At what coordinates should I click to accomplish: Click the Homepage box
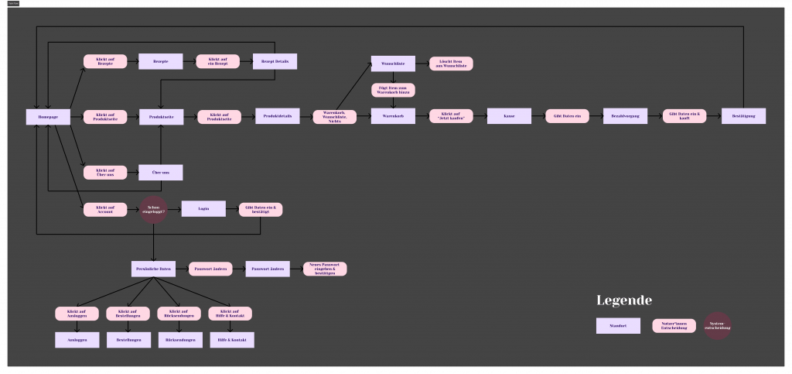(48, 116)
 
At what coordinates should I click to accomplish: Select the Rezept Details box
(275, 61)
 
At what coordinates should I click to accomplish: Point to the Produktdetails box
(277, 116)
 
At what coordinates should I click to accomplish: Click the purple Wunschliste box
(394, 63)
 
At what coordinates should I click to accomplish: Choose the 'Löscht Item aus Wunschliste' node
(451, 63)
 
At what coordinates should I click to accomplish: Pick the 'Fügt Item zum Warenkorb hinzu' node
(394, 90)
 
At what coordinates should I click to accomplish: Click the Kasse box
(509, 116)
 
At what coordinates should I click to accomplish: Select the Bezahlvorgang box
(624, 116)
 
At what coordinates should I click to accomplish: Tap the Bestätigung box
(743, 116)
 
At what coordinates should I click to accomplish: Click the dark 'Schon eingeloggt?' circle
(154, 209)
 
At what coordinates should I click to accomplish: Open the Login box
(203, 208)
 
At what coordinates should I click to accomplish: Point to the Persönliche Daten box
(153, 269)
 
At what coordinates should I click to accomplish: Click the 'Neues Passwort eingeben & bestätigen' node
(325, 269)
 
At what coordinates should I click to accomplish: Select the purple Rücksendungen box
(179, 339)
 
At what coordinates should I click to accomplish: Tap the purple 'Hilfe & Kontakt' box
(231, 339)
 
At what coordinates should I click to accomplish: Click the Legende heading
(624, 300)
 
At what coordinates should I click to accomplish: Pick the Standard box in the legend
(618, 326)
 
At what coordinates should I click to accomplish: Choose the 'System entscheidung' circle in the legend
(717, 327)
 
